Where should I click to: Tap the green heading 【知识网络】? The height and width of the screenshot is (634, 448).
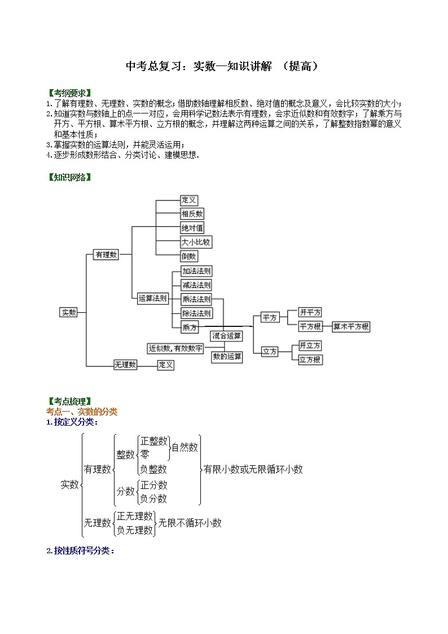[x=69, y=177]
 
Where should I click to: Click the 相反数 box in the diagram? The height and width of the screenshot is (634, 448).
[x=192, y=214]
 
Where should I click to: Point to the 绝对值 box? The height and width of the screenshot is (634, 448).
[x=192, y=228]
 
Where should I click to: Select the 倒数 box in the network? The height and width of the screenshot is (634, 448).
[x=189, y=256]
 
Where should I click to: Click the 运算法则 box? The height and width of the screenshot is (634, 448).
[x=152, y=299]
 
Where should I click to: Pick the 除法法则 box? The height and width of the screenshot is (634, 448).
[x=196, y=313]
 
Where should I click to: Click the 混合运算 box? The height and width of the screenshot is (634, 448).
[x=227, y=336]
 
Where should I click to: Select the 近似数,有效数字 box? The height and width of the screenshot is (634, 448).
[x=175, y=348]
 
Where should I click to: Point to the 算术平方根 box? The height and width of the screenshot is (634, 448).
[x=351, y=326]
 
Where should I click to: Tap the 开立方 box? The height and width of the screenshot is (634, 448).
[x=310, y=346]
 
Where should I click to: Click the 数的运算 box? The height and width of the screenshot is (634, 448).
[x=227, y=357]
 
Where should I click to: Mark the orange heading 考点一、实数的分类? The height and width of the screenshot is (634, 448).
[x=82, y=412]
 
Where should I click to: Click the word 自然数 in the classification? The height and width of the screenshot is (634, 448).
[x=185, y=447]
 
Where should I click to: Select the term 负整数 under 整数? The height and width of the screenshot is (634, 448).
[x=153, y=469]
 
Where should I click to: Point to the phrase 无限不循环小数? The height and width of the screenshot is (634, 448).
[x=190, y=523]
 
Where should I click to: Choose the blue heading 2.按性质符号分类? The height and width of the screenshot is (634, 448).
[x=80, y=550]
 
